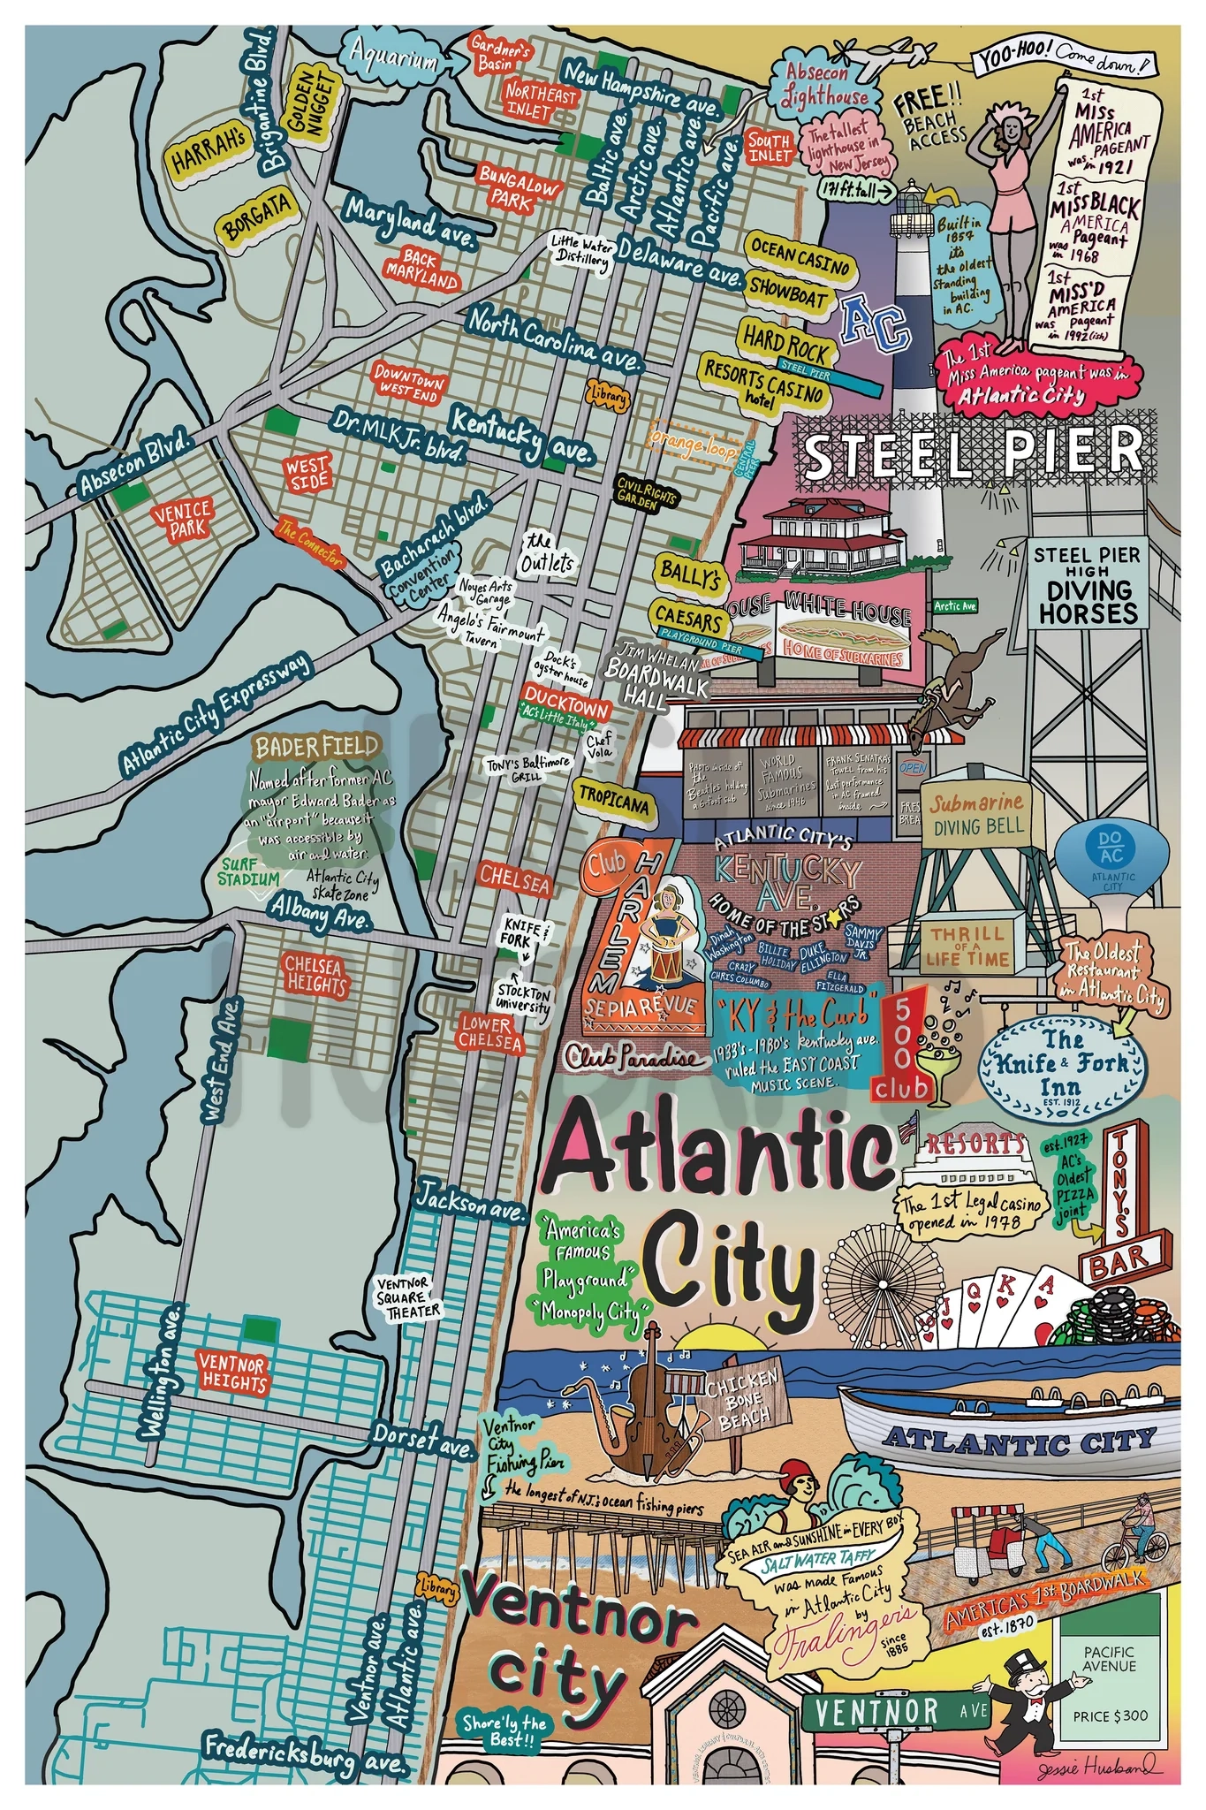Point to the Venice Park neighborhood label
coord(183,519)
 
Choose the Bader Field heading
coord(316,747)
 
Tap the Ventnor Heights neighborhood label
coord(233,1372)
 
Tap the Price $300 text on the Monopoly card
coord(1110,1715)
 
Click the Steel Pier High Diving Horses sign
coord(1087,585)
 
